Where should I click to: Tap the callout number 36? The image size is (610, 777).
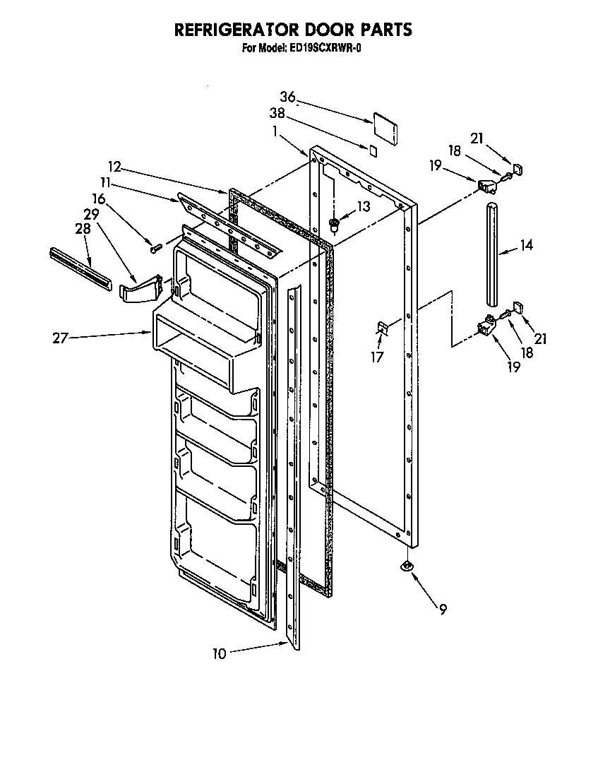(287, 97)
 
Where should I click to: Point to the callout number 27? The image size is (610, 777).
(60, 338)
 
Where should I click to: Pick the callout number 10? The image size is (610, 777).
(220, 654)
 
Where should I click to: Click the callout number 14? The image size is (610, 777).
(526, 246)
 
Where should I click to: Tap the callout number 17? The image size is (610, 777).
(378, 357)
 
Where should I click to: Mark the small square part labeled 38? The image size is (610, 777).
(373, 150)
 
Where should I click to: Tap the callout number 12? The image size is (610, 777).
(114, 167)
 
